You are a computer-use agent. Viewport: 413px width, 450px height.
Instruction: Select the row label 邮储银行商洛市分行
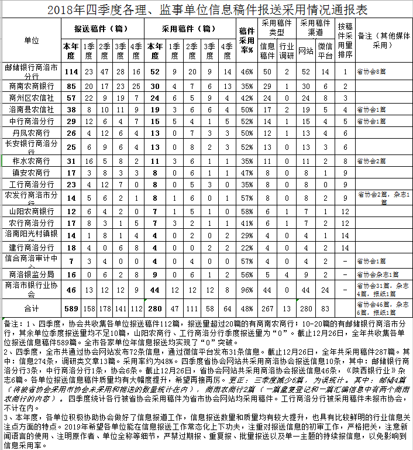click(x=32, y=71)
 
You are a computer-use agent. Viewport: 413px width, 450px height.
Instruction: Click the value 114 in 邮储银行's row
click(x=71, y=71)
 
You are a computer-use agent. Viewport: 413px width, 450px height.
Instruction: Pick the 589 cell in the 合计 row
click(x=71, y=308)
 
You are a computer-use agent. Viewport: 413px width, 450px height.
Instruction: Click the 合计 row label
click(x=32, y=308)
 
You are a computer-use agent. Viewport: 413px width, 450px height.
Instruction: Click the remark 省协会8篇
click(x=372, y=71)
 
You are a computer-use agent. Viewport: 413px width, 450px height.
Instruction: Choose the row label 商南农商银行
click(x=32, y=85)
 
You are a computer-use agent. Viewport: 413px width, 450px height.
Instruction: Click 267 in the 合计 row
click(x=267, y=308)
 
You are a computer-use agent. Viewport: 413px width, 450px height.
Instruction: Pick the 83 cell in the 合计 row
click(x=325, y=308)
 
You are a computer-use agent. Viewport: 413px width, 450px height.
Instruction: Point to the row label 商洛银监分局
click(x=32, y=274)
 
